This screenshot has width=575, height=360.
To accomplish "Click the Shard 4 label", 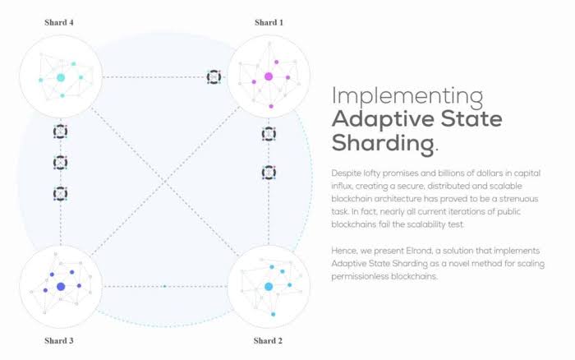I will click(59, 22).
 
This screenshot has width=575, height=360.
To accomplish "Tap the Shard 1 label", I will click(269, 22).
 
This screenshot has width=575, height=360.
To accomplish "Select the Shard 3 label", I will click(59, 340).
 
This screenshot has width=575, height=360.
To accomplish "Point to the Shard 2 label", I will click(269, 340).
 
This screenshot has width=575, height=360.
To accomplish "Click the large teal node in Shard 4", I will click(60, 78).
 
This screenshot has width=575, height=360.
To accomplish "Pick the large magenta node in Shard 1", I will click(268, 76).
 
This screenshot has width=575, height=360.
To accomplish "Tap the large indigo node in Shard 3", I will click(60, 286).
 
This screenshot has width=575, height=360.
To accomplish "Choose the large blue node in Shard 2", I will click(268, 286).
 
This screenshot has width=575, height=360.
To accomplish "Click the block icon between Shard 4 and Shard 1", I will click(214, 77).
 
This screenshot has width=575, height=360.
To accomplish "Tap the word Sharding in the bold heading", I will click(382, 143).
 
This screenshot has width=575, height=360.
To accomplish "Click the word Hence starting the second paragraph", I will click(345, 249).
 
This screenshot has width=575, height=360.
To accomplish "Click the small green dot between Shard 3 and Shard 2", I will click(164, 286).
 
